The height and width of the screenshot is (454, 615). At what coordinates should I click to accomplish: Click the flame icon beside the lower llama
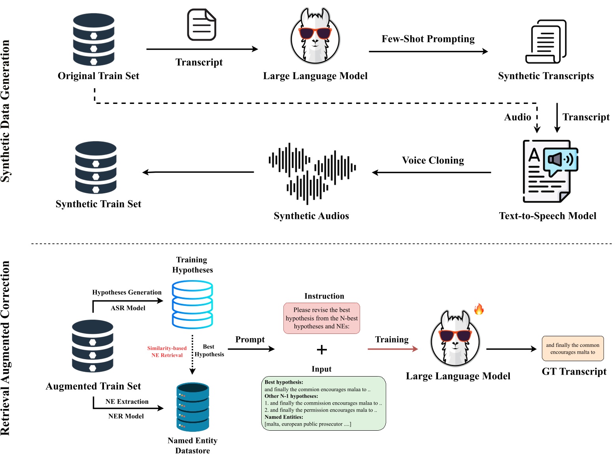tap(478, 309)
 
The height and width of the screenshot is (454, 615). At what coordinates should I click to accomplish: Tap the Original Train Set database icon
tap(93, 40)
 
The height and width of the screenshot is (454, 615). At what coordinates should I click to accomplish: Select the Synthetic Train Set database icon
tap(96, 168)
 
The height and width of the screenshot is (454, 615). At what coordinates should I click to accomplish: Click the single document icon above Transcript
tap(201, 24)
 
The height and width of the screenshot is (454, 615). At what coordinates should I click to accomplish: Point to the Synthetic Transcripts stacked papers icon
tap(545, 41)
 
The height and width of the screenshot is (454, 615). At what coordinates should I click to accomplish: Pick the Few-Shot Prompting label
tap(428, 39)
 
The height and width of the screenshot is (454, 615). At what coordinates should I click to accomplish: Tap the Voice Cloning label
tap(433, 160)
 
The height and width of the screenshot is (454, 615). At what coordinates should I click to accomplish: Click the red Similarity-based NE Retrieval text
tap(167, 351)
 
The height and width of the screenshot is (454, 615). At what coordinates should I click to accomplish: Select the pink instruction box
tap(321, 318)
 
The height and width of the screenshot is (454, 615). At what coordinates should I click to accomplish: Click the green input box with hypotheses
tap(323, 403)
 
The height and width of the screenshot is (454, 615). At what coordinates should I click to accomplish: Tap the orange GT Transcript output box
tap(573, 349)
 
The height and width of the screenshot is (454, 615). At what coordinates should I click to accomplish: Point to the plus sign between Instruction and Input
tap(322, 350)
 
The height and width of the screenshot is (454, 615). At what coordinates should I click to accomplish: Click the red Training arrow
tap(392, 349)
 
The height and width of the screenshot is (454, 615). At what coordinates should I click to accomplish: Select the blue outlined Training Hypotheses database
tap(192, 304)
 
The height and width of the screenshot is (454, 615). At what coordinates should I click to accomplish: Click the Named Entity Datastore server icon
tap(192, 407)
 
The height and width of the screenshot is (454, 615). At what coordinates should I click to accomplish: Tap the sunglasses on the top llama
tap(315, 33)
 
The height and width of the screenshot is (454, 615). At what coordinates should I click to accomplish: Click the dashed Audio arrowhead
tap(537, 129)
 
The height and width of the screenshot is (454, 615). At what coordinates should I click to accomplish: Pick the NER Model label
tap(126, 416)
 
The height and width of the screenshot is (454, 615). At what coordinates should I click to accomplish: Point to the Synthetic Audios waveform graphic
tap(312, 173)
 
